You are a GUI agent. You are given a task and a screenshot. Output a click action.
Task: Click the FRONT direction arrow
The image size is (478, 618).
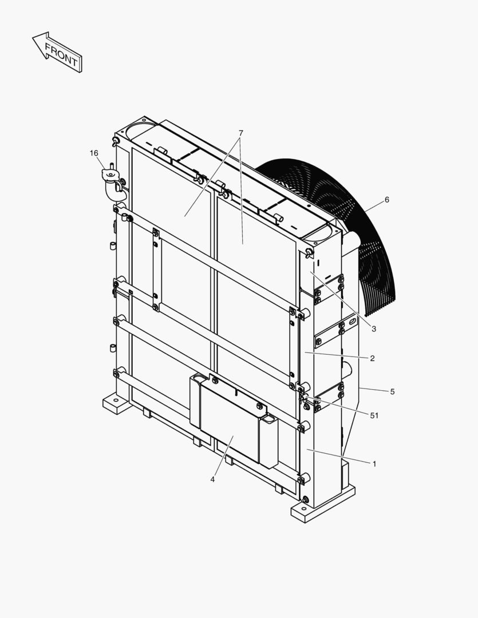[57, 53]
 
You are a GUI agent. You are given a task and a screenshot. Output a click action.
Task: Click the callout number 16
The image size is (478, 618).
[94, 153]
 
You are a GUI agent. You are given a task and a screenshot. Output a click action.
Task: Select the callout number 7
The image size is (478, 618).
[240, 133]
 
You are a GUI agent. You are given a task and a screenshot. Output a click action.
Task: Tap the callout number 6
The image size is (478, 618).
[386, 200]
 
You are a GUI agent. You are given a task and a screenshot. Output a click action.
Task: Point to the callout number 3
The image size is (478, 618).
[374, 328]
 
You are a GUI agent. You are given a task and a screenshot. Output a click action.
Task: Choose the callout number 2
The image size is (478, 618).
[372, 358]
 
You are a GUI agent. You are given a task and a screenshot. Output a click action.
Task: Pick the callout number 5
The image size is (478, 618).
[392, 391]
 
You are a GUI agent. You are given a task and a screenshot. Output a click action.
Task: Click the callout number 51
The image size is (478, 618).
[374, 415]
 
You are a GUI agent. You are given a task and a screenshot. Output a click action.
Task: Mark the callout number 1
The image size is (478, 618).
[374, 463]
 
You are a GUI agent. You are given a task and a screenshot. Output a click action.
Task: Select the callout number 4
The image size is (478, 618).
[212, 479]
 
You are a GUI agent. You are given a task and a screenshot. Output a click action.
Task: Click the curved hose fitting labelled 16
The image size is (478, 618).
[112, 183]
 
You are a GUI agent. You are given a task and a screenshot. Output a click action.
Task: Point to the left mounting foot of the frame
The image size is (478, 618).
[117, 405]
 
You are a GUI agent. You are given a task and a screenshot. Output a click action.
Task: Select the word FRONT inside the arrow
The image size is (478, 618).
[61, 56]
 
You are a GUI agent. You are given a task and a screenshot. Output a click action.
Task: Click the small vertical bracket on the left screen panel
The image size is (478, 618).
[156, 269]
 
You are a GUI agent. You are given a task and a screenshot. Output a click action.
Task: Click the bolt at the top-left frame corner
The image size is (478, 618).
[116, 141]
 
